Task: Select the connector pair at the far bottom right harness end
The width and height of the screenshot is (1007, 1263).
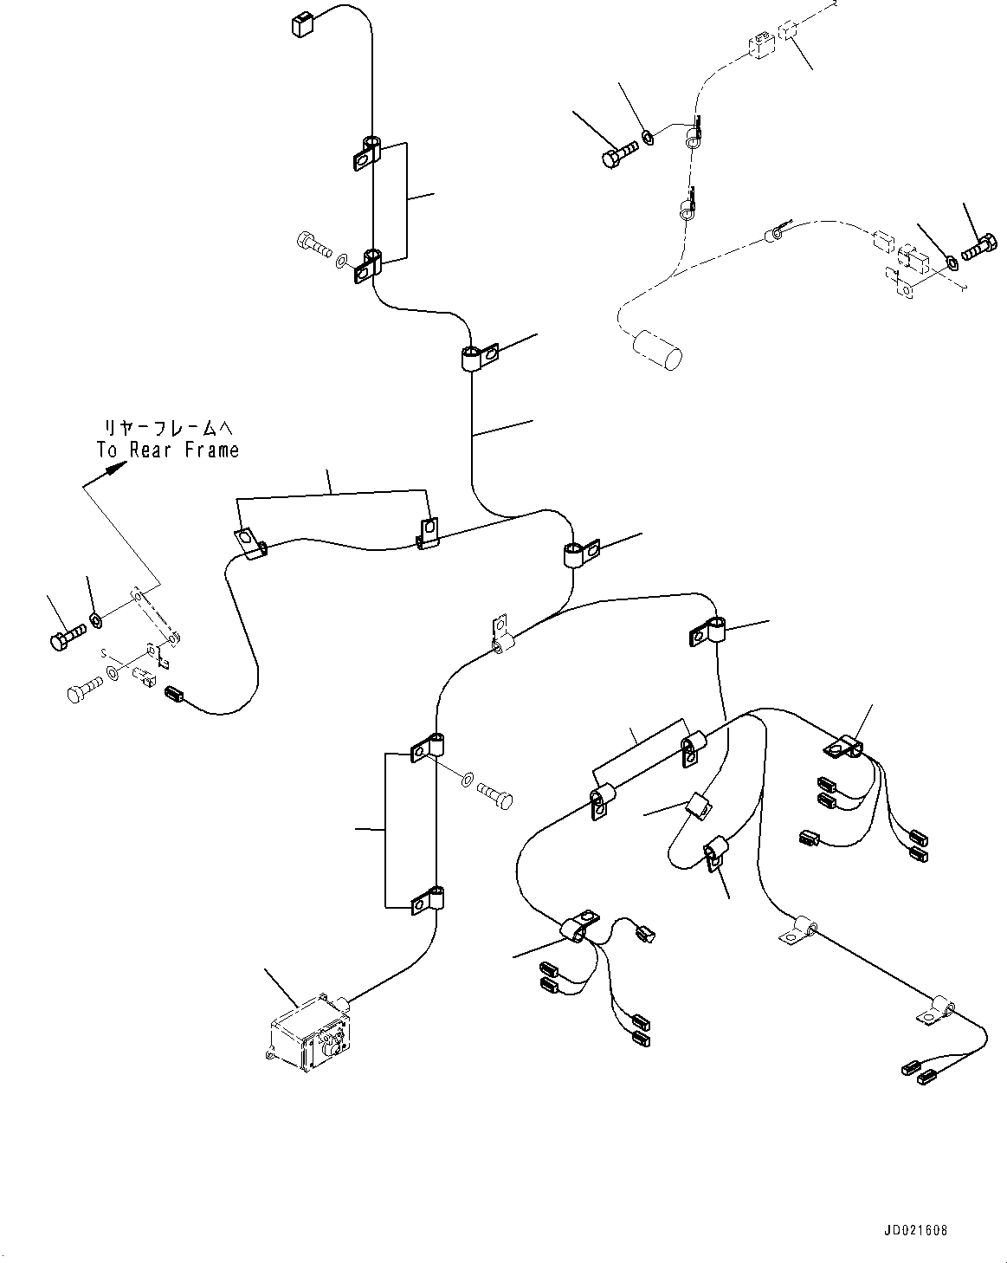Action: pyautogui.click(x=918, y=1072)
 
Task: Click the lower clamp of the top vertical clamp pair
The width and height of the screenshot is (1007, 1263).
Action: pyautogui.click(x=368, y=265)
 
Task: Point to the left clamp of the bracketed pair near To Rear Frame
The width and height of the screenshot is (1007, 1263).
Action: pyautogui.click(x=250, y=543)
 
